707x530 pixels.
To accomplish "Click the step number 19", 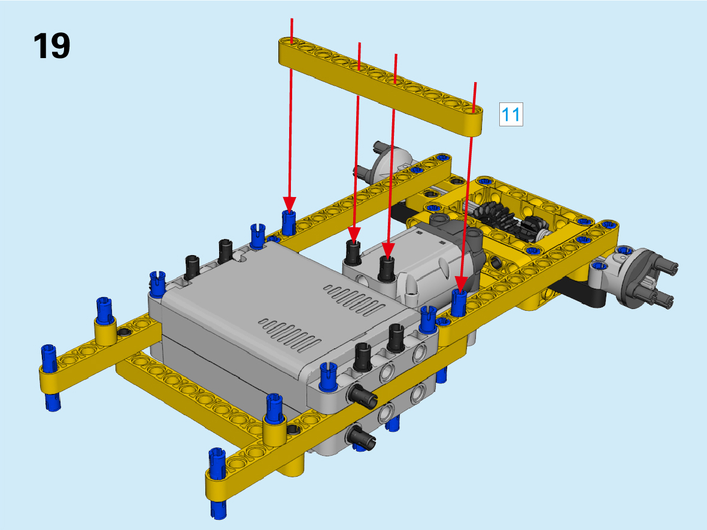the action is coord(52,46).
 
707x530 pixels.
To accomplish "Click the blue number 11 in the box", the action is coord(511,114).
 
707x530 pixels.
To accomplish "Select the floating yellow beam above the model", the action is coord(381,85).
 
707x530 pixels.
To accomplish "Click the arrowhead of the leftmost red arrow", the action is coord(289,204).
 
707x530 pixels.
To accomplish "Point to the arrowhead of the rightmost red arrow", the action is coord(461,284).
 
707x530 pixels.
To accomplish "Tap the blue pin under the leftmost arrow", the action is coord(289,222).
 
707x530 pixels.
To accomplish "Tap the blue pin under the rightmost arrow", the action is coord(459,302).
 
